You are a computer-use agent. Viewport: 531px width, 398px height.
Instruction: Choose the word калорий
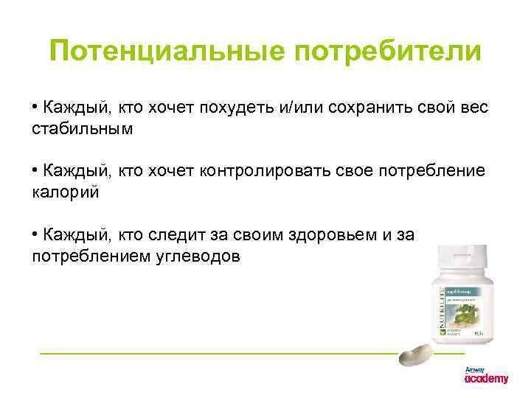64,192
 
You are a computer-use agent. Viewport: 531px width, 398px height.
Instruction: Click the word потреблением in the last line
86,256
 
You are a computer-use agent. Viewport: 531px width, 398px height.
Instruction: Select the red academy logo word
486,379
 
